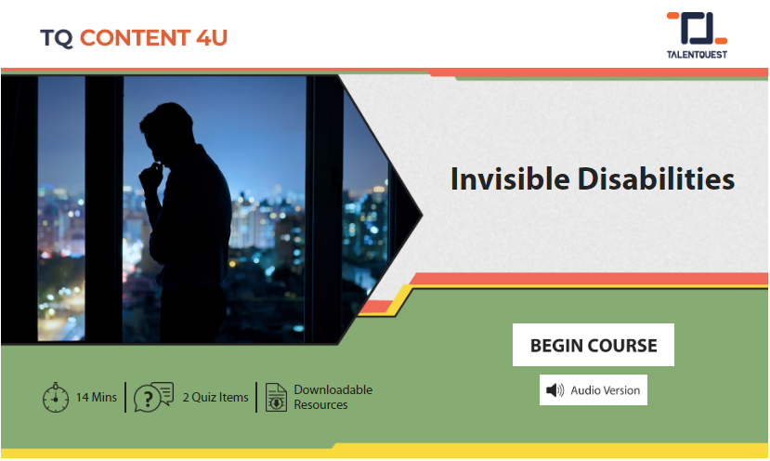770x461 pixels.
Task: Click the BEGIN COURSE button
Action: click(594, 345)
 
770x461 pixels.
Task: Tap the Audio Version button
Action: click(594, 390)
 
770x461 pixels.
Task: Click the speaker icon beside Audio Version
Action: click(555, 390)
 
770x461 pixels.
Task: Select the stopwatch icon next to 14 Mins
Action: click(56, 397)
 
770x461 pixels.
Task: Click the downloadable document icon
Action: click(276, 397)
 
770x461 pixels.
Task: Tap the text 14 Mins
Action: click(97, 397)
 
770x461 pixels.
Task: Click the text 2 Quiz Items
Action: click(215, 397)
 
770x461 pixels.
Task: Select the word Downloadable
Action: click(333, 389)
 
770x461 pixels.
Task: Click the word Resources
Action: click(320, 405)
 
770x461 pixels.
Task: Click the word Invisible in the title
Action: click(510, 178)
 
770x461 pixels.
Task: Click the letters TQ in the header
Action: click(57, 38)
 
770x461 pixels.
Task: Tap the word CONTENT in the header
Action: click(135, 38)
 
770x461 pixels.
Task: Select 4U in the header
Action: click(212, 38)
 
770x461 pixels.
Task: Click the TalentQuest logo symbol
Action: click(697, 29)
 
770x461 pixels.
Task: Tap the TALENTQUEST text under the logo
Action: click(697, 55)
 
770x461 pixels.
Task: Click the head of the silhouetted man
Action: click(166, 129)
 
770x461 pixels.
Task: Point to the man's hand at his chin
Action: click(150, 176)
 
